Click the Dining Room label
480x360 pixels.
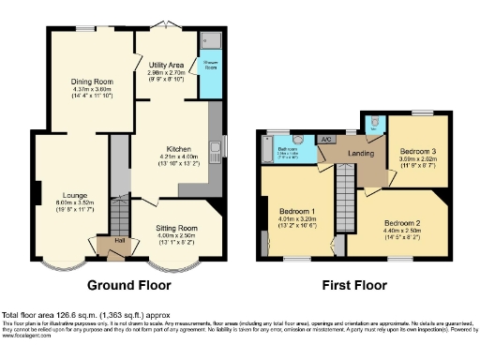pos(86,81)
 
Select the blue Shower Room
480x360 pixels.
pos(209,66)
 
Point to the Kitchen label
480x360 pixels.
pos(179,148)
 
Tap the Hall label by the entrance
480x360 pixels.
pos(119,241)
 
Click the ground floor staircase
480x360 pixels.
pos(119,216)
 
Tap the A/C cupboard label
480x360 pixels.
pos(326,140)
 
